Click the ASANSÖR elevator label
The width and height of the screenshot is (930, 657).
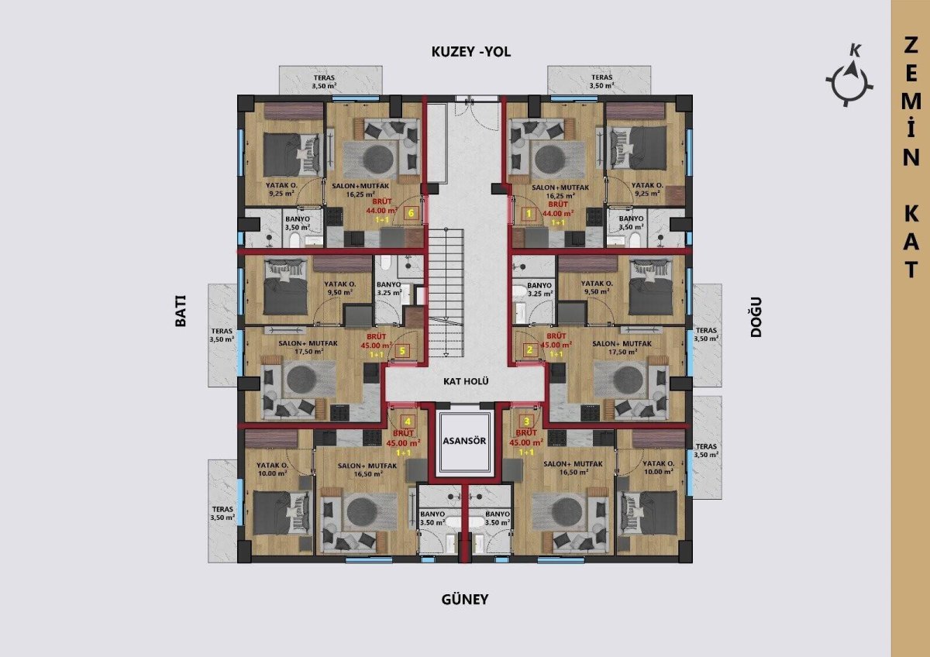pyautogui.click(x=464, y=440)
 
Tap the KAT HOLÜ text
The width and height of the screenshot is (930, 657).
pyautogui.click(x=466, y=381)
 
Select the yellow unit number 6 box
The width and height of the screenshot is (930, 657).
pyautogui.click(x=411, y=213)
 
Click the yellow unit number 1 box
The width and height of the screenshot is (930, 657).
pyautogui.click(x=529, y=214)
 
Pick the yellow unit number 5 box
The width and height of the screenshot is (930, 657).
pyautogui.click(x=402, y=351)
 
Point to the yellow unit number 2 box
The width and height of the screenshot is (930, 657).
pyautogui.click(x=529, y=350)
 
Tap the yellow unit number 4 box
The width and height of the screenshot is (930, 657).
pyautogui.click(x=408, y=421)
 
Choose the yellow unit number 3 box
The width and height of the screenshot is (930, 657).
pyautogui.click(x=527, y=421)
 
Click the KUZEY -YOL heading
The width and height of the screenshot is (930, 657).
pyautogui.click(x=471, y=52)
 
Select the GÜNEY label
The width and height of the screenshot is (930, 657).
pyautogui.click(x=464, y=600)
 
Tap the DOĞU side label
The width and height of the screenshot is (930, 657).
pyautogui.click(x=756, y=317)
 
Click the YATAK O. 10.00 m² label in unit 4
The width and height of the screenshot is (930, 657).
pyautogui.click(x=272, y=469)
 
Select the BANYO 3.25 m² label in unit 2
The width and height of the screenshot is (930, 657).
pyautogui.click(x=539, y=289)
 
